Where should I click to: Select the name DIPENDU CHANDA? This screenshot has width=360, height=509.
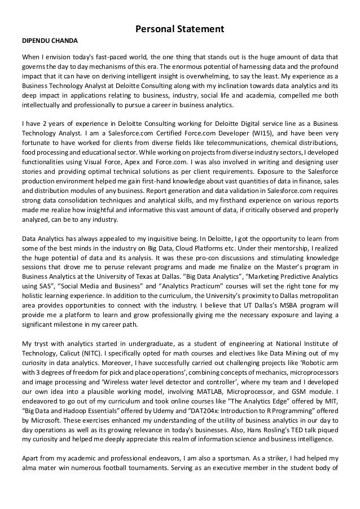click(50, 41)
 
